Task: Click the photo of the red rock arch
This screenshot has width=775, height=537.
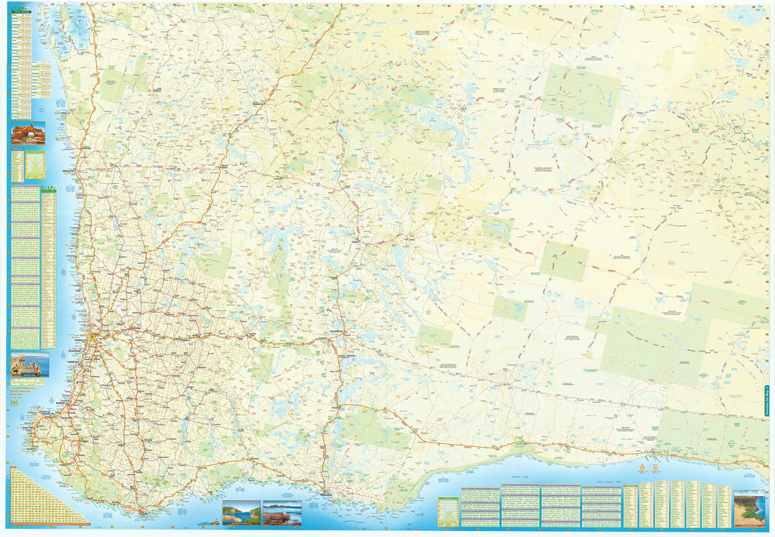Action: click(x=28, y=133)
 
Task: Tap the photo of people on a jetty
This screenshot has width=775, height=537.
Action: click(x=30, y=365)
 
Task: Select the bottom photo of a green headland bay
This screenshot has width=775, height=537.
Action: click(x=241, y=513)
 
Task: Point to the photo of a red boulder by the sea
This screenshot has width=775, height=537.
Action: click(x=282, y=513)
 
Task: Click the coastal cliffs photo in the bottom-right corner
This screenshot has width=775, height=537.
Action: click(x=749, y=508)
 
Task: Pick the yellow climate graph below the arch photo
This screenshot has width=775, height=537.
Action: click(x=35, y=166)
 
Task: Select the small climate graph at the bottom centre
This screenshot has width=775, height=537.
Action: click(x=448, y=511)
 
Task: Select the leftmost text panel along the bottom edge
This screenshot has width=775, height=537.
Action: click(x=480, y=505)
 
